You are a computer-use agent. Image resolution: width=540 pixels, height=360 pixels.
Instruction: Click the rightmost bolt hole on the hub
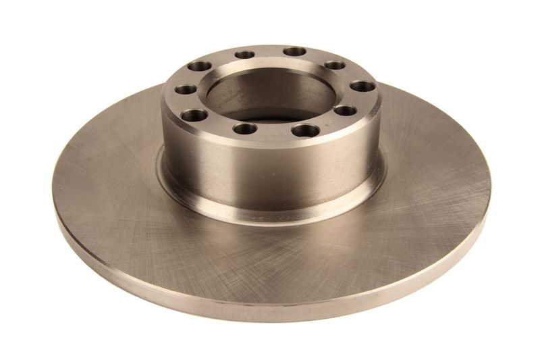pyautogui.click(x=362, y=88)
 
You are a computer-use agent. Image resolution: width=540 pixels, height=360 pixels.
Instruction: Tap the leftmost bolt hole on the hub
pyautogui.click(x=183, y=89)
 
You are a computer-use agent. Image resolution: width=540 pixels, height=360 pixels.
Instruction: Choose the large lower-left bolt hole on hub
pyautogui.click(x=194, y=114)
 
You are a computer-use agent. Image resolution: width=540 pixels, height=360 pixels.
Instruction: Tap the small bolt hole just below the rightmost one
pyautogui.click(x=344, y=110)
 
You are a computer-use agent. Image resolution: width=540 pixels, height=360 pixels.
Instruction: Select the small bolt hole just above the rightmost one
pyautogui.click(x=335, y=66)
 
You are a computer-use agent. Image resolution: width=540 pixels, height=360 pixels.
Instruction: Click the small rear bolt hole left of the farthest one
pyautogui.click(x=242, y=55)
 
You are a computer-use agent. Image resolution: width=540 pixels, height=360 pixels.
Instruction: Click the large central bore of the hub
pyautogui.click(x=270, y=95)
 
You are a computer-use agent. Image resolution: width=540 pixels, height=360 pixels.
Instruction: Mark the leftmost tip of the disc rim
pyautogui.click(x=53, y=203)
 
